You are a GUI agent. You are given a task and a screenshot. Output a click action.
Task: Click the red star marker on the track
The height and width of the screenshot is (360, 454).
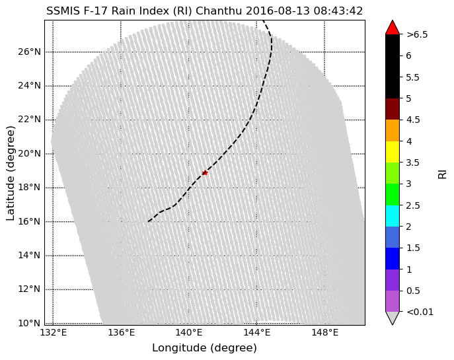[205, 172]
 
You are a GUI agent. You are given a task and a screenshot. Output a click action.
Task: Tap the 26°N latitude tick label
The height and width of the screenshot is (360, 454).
[28, 52]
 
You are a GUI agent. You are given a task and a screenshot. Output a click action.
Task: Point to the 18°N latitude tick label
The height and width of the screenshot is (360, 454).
[28, 188]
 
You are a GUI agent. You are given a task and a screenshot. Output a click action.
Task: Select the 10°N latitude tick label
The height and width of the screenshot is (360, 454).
[28, 323]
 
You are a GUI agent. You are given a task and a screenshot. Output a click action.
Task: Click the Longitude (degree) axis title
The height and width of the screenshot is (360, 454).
[204, 348]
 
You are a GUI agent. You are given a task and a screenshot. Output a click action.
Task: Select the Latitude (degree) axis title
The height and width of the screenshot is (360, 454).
[11, 172]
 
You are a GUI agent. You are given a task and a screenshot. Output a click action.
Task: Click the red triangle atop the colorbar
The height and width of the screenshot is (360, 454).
[393, 27]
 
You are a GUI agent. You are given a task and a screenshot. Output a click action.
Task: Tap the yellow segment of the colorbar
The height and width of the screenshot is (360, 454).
[393, 151]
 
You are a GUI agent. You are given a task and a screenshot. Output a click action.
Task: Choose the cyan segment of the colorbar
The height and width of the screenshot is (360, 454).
[393, 216]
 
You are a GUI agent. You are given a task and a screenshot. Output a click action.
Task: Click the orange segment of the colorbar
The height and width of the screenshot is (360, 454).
[393, 130]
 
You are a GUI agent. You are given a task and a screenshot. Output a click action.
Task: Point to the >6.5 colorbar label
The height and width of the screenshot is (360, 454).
[417, 34]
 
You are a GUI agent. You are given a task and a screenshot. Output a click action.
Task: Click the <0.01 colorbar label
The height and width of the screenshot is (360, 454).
[420, 312]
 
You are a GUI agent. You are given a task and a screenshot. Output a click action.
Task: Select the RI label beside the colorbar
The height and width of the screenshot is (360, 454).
[443, 173]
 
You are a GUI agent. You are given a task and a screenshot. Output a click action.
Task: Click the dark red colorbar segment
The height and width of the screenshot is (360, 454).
[393, 109]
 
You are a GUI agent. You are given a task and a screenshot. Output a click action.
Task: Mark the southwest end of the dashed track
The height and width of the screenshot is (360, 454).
[149, 221]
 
